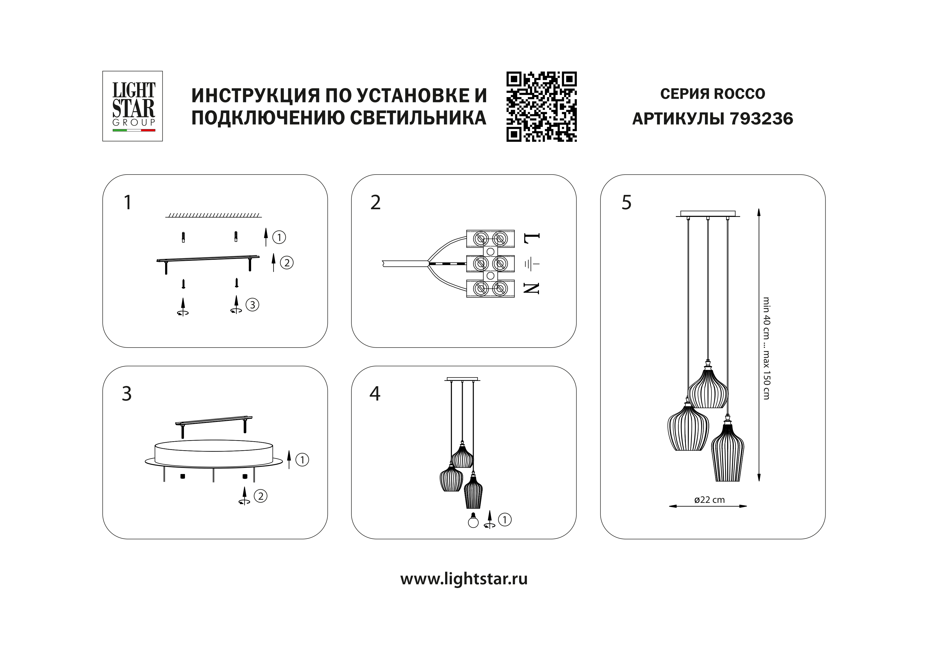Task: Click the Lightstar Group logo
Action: (133, 106)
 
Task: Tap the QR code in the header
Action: (542, 107)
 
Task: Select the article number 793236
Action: (762, 119)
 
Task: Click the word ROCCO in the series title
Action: (739, 94)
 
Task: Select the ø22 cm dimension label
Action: (709, 500)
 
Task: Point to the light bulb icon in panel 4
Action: (473, 521)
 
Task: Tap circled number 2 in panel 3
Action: (260, 496)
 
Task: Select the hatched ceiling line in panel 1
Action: (213, 215)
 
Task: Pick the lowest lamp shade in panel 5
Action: (727, 454)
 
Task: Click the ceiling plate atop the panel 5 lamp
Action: (708, 214)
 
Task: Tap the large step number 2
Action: (375, 203)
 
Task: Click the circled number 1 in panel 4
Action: (505, 520)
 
